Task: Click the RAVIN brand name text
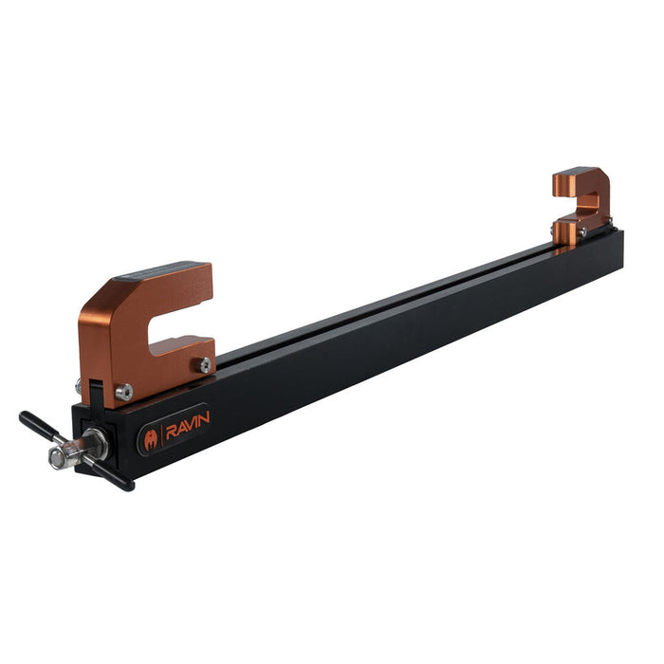pos(186,423)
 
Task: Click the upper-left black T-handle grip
pos(35,422)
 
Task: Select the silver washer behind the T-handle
pos(95,440)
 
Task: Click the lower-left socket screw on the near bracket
pos(123,391)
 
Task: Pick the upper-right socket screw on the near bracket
pos(204,363)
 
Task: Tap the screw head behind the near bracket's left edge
pos(79,386)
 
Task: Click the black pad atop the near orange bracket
pos(157,272)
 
